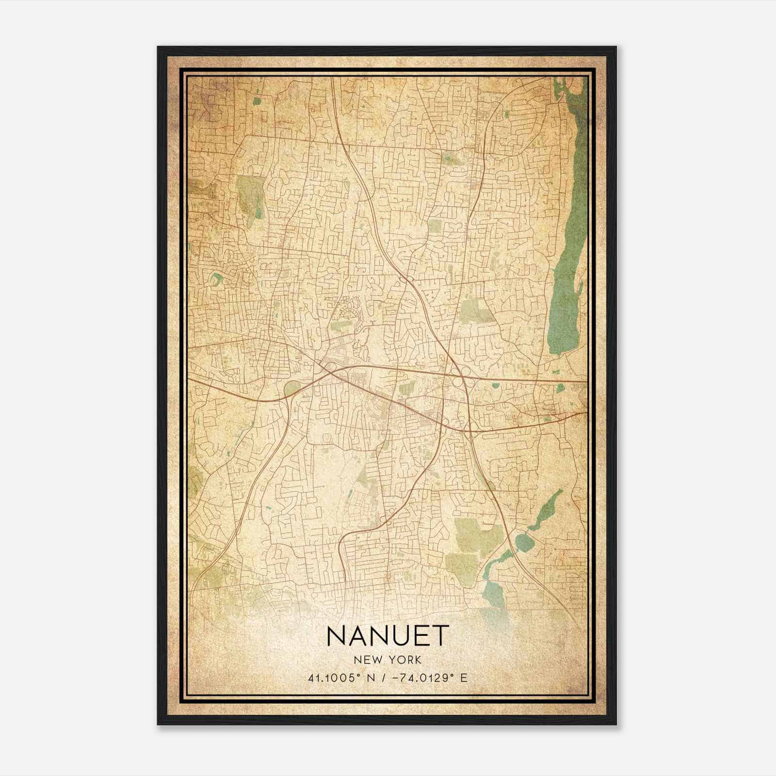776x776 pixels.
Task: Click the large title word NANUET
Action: (x=387, y=636)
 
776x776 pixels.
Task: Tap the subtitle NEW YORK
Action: (x=387, y=660)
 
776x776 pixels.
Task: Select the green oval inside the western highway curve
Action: (x=292, y=388)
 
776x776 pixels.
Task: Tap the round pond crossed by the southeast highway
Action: (x=522, y=541)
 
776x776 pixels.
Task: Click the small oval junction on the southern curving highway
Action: (x=383, y=521)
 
